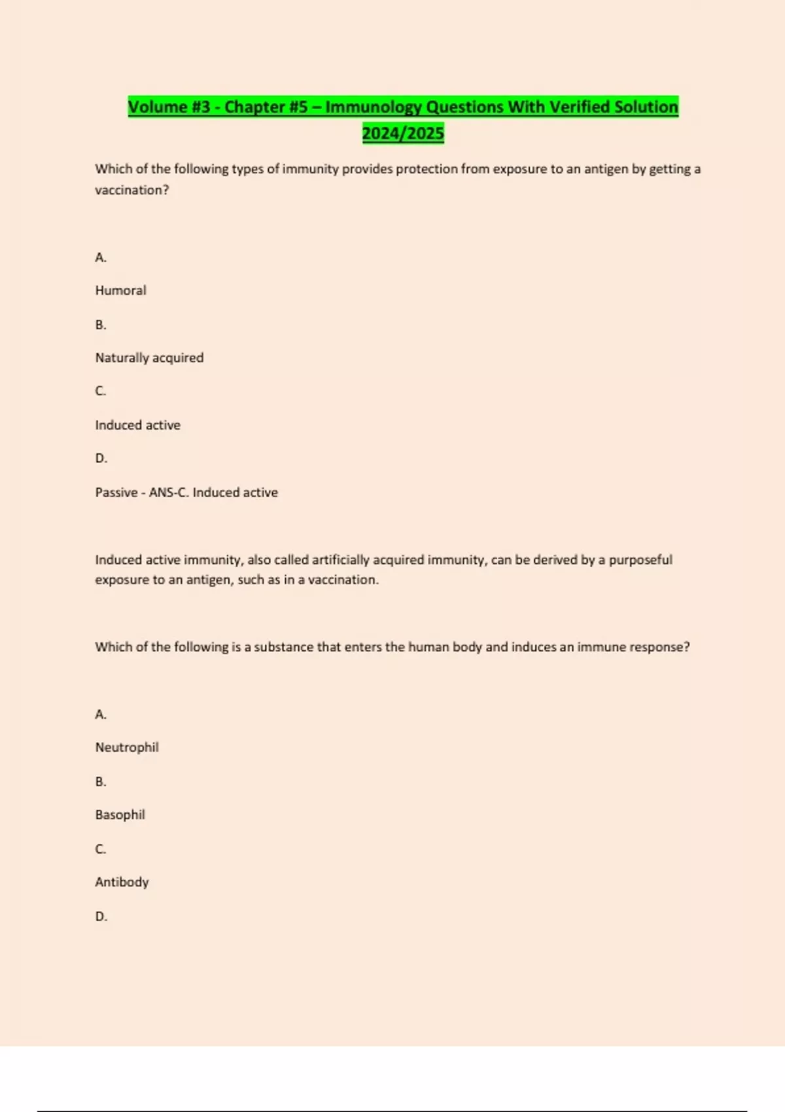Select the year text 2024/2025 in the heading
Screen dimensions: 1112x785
[x=403, y=133]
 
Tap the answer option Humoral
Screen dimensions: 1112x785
[x=120, y=290]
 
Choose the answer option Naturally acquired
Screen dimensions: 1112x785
[x=149, y=358]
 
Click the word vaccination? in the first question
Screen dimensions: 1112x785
[x=131, y=190]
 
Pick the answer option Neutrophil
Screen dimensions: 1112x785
[x=127, y=747]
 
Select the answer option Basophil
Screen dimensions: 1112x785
[x=120, y=814]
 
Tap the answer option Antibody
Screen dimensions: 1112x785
[x=122, y=882]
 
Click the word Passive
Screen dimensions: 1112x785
[x=116, y=493]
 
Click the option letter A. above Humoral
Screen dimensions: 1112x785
[x=101, y=258]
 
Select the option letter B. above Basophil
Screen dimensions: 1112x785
[x=101, y=782]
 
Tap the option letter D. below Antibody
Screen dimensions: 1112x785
[x=101, y=916]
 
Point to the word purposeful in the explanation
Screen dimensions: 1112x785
[x=640, y=560]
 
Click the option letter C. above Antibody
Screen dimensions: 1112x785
[x=101, y=849]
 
